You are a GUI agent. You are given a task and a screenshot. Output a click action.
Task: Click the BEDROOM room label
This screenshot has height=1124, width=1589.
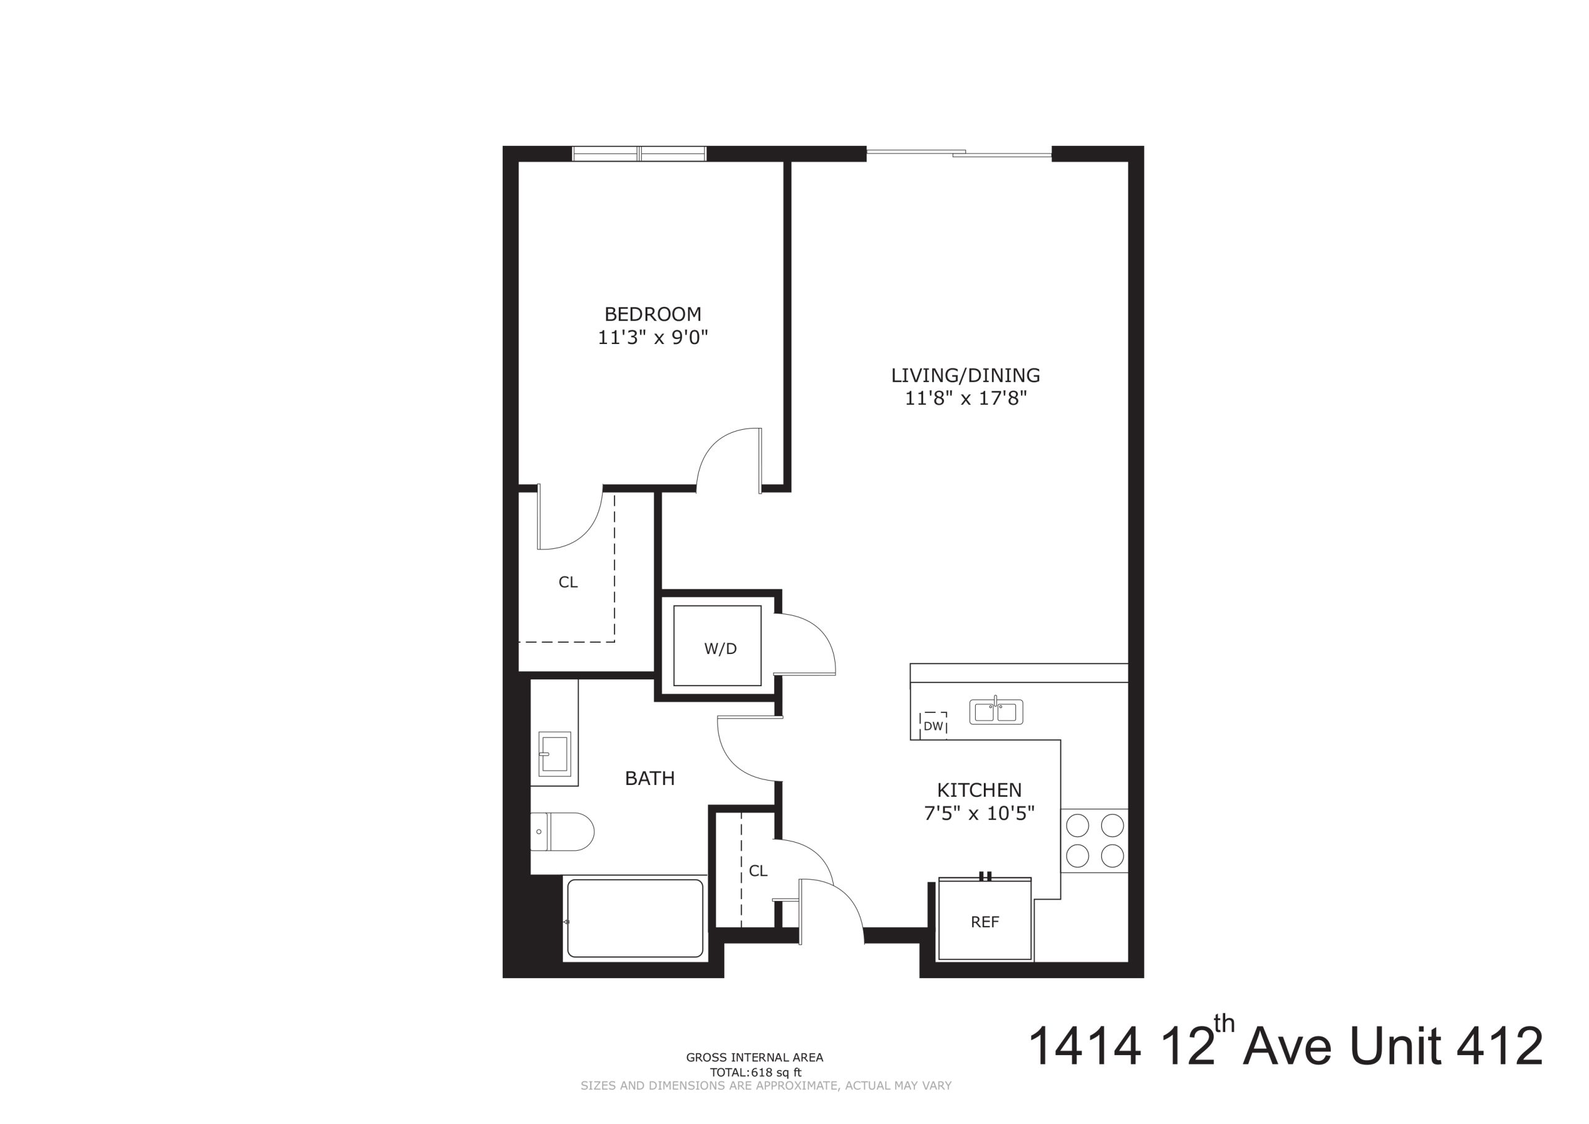point(652,314)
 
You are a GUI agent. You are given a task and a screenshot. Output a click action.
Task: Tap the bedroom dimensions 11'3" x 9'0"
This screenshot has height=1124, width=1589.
point(652,338)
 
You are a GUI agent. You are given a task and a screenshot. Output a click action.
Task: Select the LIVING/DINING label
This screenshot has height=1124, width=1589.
point(965,375)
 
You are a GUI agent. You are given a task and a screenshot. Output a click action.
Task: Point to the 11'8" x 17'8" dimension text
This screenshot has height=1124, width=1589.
point(965,399)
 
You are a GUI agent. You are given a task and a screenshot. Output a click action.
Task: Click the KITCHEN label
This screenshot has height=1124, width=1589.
point(979,790)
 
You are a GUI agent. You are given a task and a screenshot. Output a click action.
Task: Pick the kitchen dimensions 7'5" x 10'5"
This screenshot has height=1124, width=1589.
point(979,814)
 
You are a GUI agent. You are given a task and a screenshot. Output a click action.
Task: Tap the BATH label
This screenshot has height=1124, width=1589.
point(650,779)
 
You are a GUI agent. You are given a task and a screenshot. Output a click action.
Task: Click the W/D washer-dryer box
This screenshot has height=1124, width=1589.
point(718,646)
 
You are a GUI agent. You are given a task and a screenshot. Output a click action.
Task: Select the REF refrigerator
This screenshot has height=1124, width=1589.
point(985,919)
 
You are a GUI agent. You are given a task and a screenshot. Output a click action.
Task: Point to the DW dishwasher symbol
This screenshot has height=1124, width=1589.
point(934,726)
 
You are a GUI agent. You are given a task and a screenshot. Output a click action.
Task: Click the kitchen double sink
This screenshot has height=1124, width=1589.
point(996,712)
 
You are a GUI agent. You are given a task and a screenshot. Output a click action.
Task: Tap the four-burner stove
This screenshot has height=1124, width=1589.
point(1094,841)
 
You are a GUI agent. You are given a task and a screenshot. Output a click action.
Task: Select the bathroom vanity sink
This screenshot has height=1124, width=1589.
point(554,753)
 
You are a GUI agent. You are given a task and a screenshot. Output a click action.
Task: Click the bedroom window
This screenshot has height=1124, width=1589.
point(639,154)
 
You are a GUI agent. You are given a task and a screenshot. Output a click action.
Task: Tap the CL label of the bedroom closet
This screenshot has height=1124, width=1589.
point(568,582)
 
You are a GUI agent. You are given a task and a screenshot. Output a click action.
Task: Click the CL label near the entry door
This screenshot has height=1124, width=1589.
point(758,871)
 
